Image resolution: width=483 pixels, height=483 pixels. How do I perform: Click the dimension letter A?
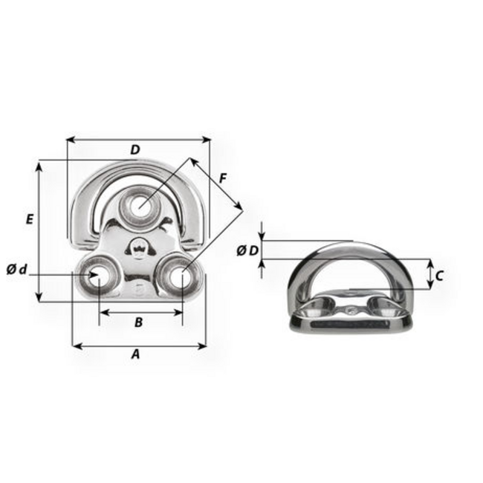[135, 354]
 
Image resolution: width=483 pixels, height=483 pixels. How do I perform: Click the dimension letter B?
[138, 322]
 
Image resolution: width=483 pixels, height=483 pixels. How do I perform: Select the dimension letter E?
[29, 219]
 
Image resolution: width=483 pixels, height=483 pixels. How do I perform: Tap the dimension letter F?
[223, 178]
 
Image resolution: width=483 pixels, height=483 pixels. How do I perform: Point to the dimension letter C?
[438, 276]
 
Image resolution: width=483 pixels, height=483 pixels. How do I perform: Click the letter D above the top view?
[134, 150]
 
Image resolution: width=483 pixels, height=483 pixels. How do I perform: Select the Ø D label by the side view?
[248, 250]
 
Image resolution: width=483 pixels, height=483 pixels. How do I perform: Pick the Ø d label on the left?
[16, 269]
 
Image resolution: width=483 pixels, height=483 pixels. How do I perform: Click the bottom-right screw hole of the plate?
[179, 276]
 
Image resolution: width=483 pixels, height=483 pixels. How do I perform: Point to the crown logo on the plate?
[138, 246]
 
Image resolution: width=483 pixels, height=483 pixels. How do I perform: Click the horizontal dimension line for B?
[140, 311]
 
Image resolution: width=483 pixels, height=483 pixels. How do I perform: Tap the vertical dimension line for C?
[429, 274]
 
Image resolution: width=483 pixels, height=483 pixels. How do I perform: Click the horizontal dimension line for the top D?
[138, 138]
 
